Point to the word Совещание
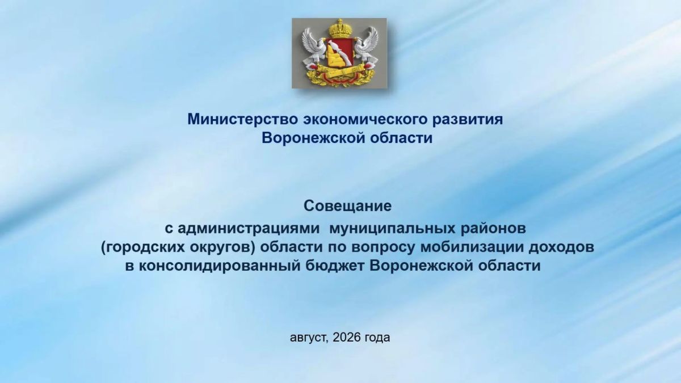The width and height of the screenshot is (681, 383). (347, 206)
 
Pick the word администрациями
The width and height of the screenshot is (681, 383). (249, 229)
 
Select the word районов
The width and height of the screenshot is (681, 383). (494, 229)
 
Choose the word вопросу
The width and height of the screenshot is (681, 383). (382, 248)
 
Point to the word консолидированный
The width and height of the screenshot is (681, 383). (220, 266)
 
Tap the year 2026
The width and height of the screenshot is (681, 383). (347, 337)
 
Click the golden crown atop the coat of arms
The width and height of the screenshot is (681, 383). (339, 29)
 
